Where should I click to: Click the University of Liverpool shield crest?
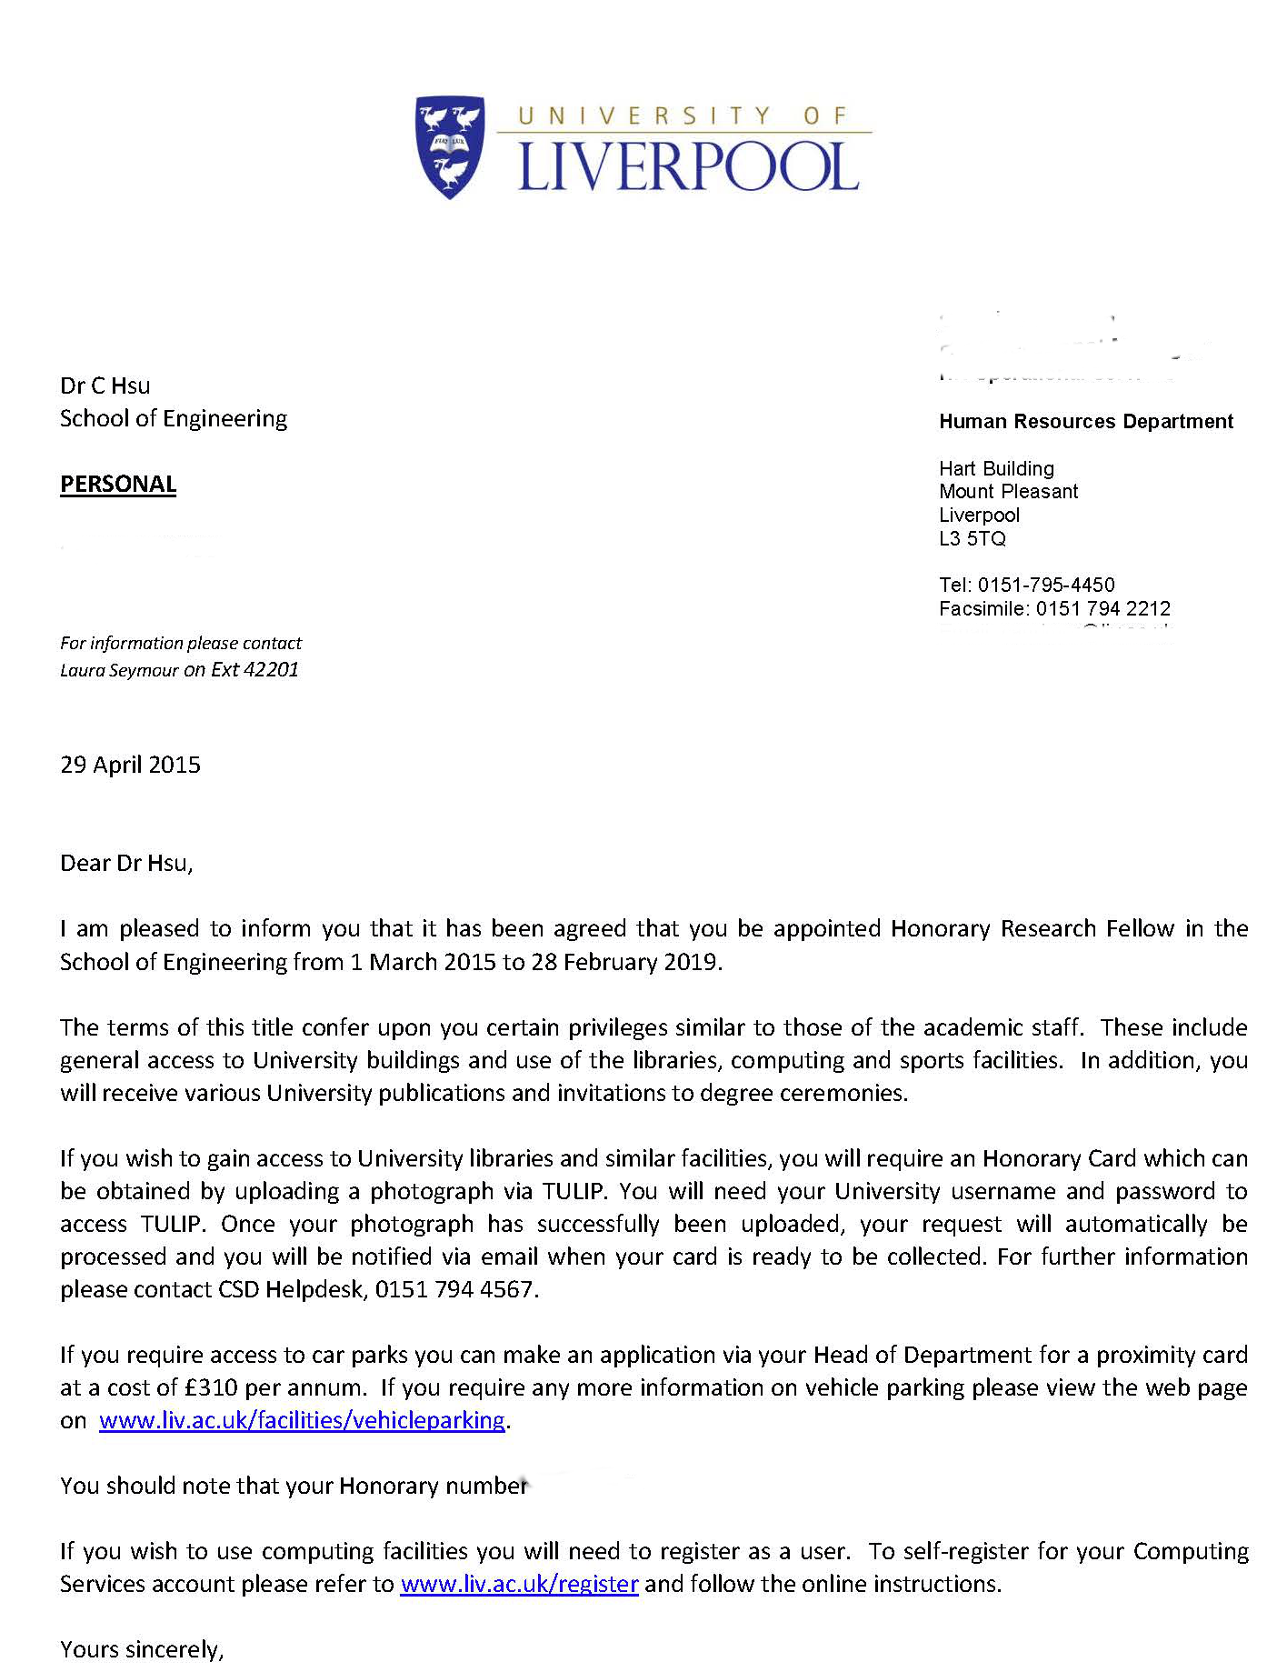(x=450, y=147)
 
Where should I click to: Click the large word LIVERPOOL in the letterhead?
(x=687, y=167)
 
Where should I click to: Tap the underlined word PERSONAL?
(x=118, y=484)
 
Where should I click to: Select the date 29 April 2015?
(x=130, y=765)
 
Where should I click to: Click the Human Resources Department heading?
(x=1085, y=421)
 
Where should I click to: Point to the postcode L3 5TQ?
(x=972, y=538)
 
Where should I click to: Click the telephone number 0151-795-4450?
(x=1045, y=585)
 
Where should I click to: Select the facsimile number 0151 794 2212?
(x=1102, y=608)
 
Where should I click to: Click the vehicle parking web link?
(x=302, y=1420)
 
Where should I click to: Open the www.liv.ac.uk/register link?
(x=519, y=1584)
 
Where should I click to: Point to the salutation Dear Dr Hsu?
(x=126, y=863)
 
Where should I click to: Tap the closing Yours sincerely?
(x=141, y=1649)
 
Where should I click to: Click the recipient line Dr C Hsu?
(x=105, y=385)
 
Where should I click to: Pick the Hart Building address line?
(x=996, y=468)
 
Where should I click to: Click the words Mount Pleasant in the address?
(x=1008, y=491)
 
